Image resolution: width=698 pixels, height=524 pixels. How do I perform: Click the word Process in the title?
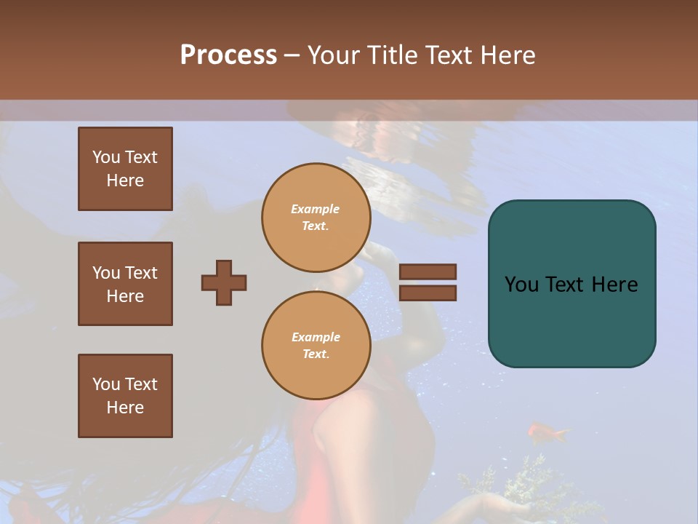[228, 55]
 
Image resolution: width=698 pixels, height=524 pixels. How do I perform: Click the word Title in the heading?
[390, 55]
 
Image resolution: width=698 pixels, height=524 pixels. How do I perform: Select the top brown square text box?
[125, 169]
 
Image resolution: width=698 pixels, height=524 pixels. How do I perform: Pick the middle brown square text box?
[125, 284]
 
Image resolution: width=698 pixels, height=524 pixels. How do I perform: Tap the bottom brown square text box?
[125, 396]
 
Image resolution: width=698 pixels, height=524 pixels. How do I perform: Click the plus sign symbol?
[224, 282]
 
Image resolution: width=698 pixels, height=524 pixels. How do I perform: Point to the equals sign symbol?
[428, 282]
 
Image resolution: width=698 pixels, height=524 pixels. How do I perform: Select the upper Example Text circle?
[316, 217]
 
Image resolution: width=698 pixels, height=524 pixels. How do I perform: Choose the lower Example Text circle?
[316, 345]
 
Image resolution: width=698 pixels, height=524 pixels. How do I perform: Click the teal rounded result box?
[571, 284]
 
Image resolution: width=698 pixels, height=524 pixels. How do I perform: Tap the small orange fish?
[546, 432]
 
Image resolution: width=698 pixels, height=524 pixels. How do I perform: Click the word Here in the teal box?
[614, 285]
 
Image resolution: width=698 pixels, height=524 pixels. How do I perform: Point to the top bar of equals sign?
[428, 271]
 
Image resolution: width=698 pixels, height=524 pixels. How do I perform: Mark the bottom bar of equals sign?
[428, 293]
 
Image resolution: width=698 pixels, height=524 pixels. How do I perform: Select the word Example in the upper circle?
[316, 209]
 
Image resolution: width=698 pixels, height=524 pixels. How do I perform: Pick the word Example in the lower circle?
[316, 337]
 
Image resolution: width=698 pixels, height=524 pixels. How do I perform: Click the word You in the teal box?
[521, 285]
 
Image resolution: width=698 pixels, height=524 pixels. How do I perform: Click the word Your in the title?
[332, 55]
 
